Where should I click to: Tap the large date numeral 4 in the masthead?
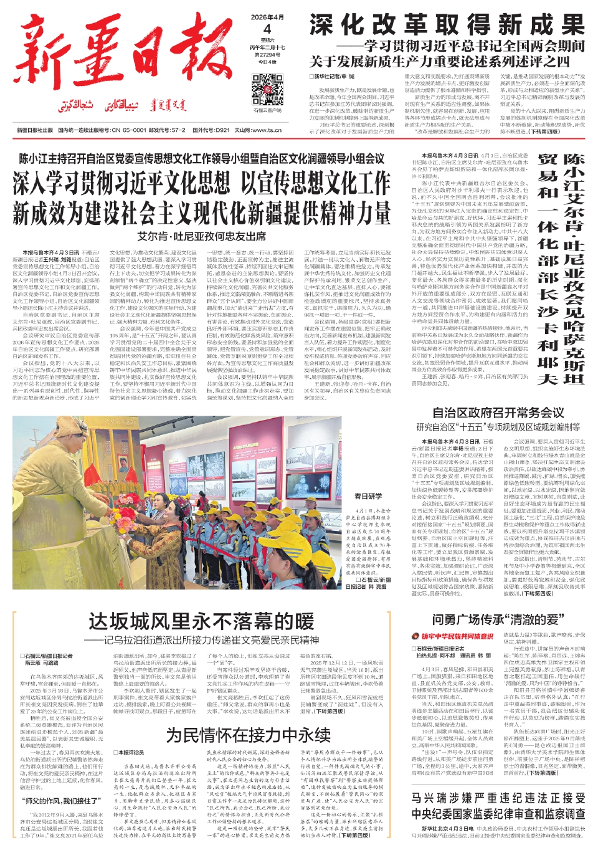pos(267,29)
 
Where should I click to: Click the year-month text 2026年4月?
pos(267,17)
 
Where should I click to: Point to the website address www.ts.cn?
pos(267,130)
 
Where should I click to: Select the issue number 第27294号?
pos(267,55)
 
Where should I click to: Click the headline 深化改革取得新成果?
pos(447,26)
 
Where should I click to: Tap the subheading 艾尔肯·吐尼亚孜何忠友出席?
pos(202,236)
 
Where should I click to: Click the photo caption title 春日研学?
pos(368,496)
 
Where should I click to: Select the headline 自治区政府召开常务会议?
pos(498,413)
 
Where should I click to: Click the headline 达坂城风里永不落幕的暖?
pos(201,622)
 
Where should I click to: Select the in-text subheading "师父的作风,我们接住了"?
pos(61,800)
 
